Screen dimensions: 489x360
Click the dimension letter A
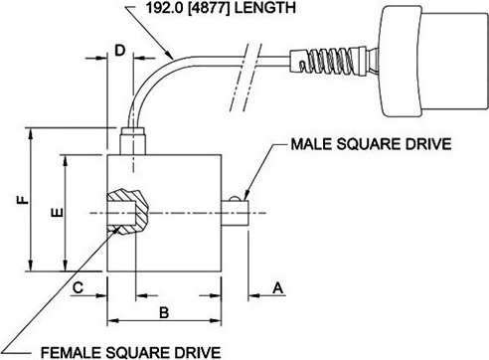(x=278, y=287)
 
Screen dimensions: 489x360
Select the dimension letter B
(x=164, y=312)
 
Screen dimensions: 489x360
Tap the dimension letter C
(x=78, y=287)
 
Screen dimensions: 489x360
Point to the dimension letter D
(x=120, y=51)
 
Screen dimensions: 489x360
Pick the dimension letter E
(x=58, y=212)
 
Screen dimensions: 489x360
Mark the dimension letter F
(x=23, y=200)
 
